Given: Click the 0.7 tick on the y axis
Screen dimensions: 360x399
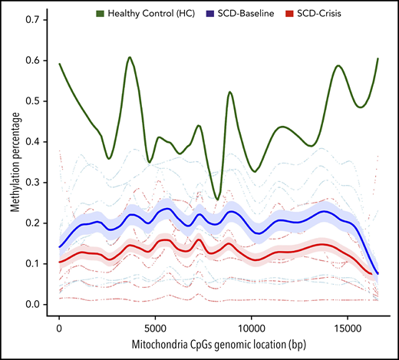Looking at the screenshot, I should (x=33, y=18).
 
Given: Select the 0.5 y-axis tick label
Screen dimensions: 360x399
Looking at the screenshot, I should (x=33, y=101).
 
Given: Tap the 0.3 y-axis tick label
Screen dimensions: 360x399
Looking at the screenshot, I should (x=33, y=182).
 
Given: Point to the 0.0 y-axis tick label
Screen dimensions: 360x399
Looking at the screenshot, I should (x=33, y=305).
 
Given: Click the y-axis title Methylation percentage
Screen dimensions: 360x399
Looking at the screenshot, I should (x=11, y=161).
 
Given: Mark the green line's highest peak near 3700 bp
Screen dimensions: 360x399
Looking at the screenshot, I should (x=130, y=57).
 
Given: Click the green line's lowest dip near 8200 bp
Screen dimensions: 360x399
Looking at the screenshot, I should (x=217, y=199).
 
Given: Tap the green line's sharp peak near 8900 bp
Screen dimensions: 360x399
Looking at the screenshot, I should (x=229, y=92).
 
